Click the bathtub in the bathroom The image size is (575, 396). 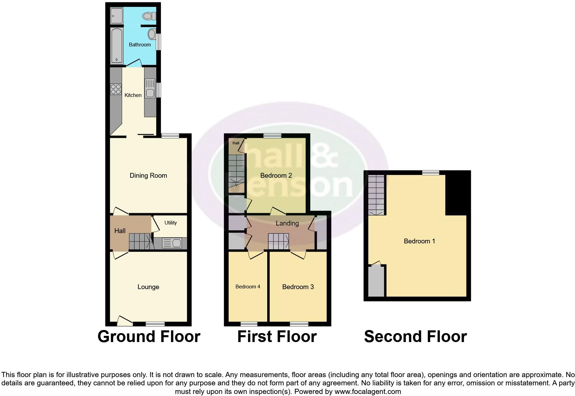117,46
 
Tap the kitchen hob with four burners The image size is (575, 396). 116,89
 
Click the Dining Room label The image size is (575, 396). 148,176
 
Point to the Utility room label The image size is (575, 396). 171,223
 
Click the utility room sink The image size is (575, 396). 172,243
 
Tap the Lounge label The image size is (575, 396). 148,287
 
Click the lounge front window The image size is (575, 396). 155,323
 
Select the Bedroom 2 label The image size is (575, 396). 276,176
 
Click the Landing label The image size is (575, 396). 287,223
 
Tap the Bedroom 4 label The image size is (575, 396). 248,287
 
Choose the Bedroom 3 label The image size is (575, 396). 298,287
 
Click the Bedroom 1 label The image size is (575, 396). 419,241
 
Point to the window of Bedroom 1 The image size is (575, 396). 431,173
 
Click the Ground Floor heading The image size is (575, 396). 149,337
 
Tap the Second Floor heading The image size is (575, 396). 415,337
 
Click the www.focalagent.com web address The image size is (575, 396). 368,391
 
